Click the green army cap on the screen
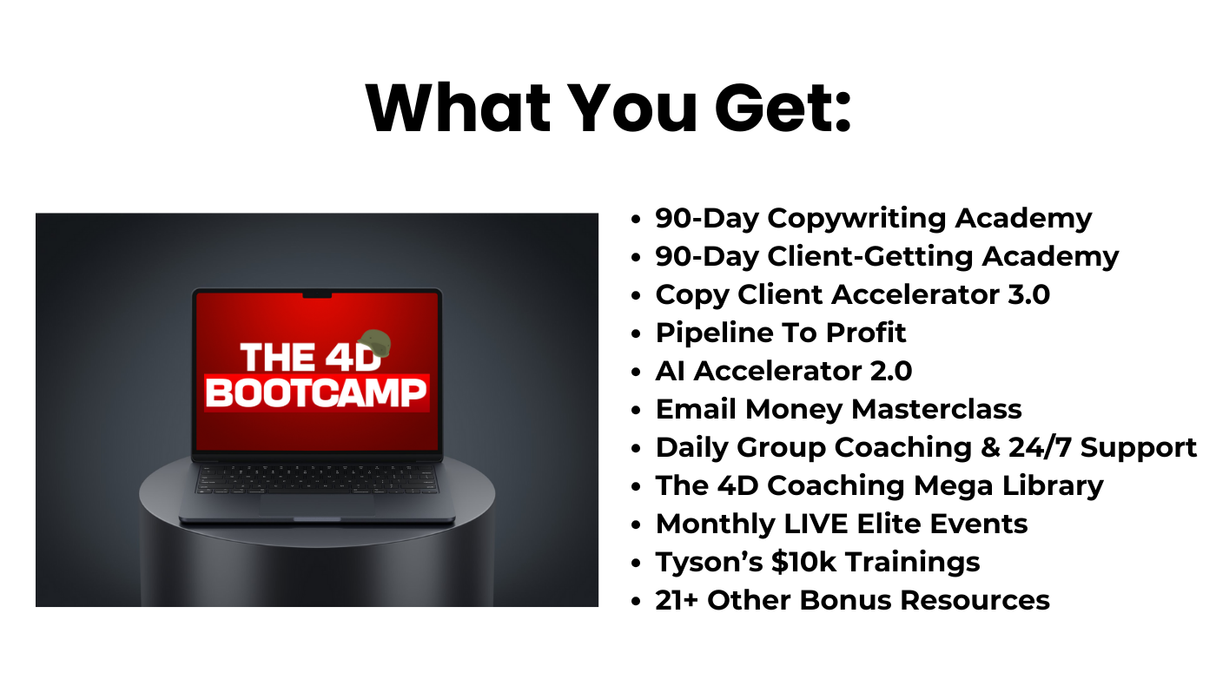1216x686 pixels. [374, 343]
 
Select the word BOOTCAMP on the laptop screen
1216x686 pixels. [317, 392]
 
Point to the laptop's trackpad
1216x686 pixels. [317, 505]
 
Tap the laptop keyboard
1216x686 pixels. [317, 478]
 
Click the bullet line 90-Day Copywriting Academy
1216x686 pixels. [873, 218]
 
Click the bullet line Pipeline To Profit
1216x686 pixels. [781, 333]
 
